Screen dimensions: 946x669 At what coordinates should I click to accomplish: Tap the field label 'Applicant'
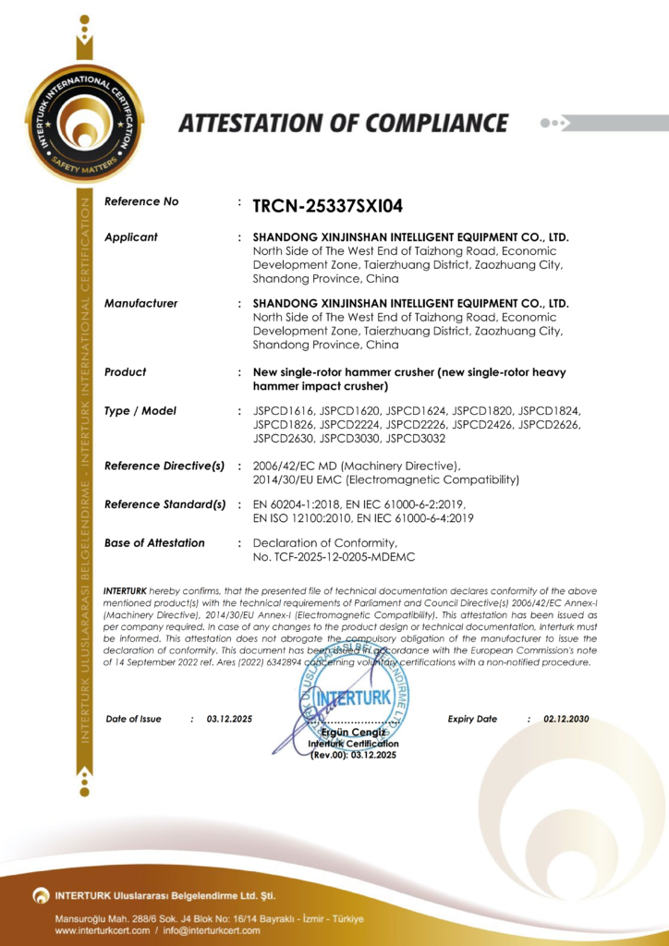click(131, 237)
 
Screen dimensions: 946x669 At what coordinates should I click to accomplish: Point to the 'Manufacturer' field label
click(140, 303)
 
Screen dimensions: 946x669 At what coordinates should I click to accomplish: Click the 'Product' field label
click(126, 371)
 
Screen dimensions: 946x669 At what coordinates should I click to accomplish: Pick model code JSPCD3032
click(416, 439)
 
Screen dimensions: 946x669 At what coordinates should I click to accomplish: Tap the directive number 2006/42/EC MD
click(298, 466)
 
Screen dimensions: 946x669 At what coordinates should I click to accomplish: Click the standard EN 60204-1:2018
click(295, 504)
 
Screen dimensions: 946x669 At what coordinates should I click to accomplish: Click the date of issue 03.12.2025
click(229, 719)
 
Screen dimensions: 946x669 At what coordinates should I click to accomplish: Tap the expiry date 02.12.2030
click(566, 719)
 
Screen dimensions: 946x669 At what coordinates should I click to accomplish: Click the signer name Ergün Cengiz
click(354, 733)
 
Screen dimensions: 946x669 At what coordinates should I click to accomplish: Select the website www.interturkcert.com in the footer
click(102, 930)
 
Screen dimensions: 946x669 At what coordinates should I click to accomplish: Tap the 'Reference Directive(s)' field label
click(164, 466)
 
